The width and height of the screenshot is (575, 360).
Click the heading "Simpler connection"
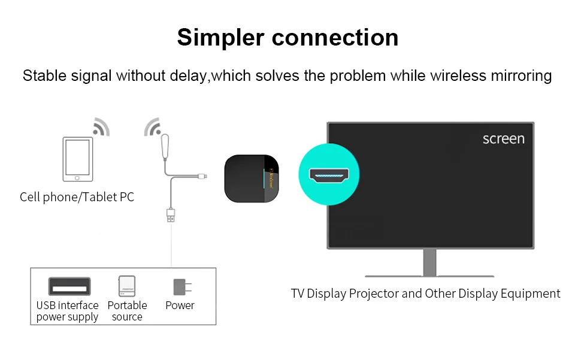pyautogui.click(x=287, y=37)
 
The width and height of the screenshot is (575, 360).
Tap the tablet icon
pyautogui.click(x=78, y=159)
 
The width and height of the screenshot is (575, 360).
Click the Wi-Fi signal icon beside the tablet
pyautogui.click(x=102, y=126)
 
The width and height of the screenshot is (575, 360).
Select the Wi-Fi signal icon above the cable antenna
pyautogui.click(x=153, y=126)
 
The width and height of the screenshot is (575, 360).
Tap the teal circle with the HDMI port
pyautogui.click(x=329, y=174)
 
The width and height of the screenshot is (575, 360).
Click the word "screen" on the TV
pyautogui.click(x=503, y=139)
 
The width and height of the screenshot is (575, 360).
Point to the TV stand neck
pyautogui.click(x=429, y=262)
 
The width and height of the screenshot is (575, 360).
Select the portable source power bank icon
pyautogui.click(x=127, y=286)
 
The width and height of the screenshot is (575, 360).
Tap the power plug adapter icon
pyautogui.click(x=179, y=286)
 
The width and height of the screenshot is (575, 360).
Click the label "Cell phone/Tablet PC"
pyautogui.click(x=77, y=197)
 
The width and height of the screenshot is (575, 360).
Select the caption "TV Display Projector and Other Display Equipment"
pyautogui.click(x=425, y=294)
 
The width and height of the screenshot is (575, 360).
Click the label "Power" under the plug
pyautogui.click(x=180, y=305)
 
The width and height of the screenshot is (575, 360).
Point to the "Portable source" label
pyautogui.click(x=127, y=311)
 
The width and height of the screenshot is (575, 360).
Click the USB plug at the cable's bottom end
pyautogui.click(x=171, y=216)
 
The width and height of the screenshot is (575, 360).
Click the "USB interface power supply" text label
pyautogui.click(x=67, y=311)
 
